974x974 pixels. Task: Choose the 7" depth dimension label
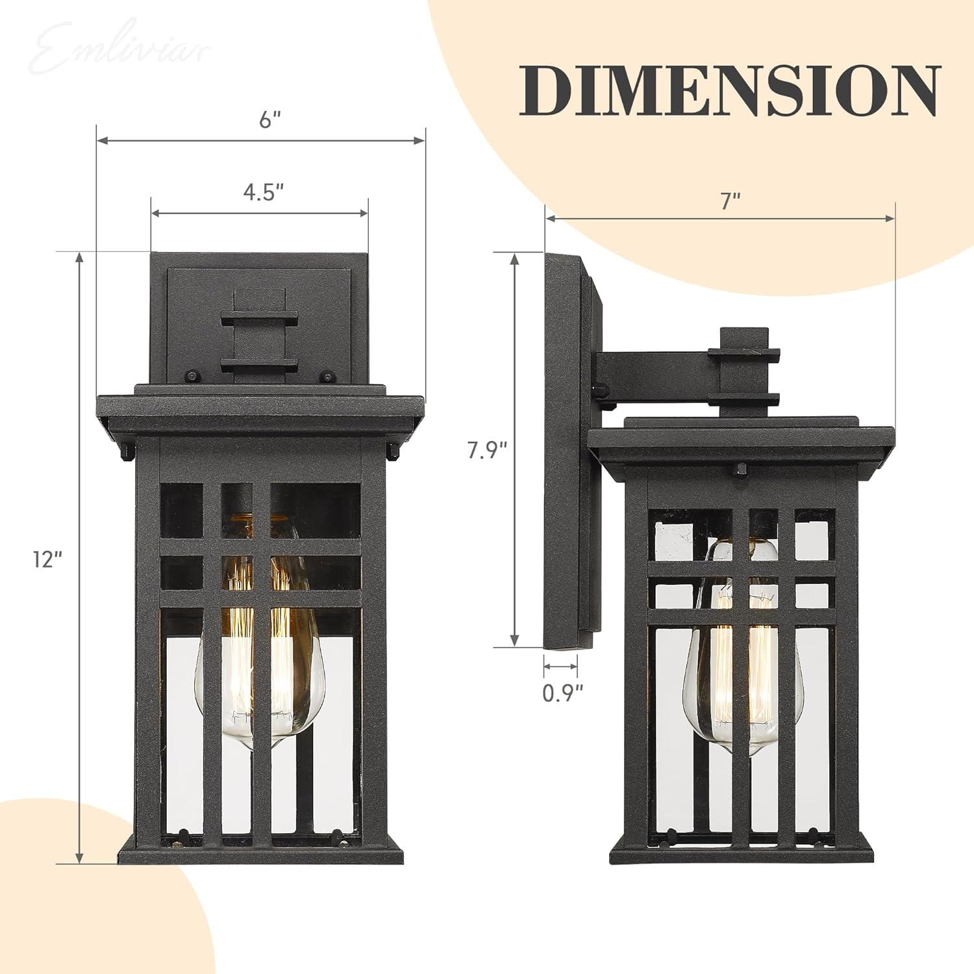(x=730, y=201)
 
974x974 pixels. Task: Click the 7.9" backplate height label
(x=487, y=450)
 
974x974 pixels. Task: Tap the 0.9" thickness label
(x=563, y=693)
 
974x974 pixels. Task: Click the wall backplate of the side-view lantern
(x=564, y=455)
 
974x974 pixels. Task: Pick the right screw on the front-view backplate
(x=329, y=375)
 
